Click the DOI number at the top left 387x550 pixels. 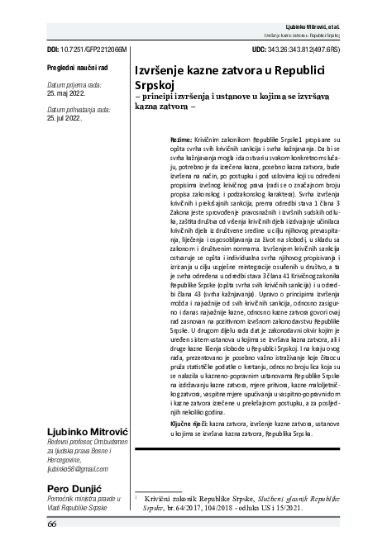(x=74, y=50)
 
